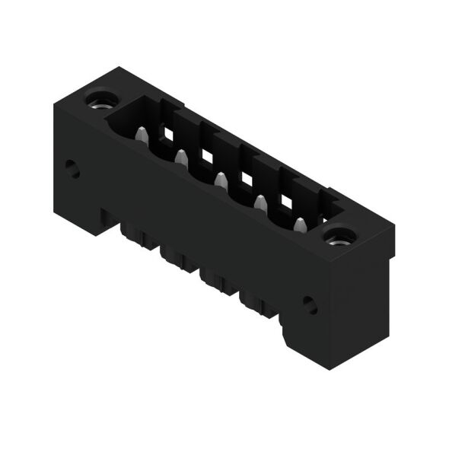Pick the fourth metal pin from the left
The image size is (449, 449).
pyautogui.click(x=260, y=203)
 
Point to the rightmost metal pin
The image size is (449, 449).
pyautogui.click(x=300, y=225)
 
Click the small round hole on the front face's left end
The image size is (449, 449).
pyautogui.click(x=72, y=168)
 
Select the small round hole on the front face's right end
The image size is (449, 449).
pyautogui.click(x=310, y=305)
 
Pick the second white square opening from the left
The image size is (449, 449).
pyautogui.click(x=206, y=156)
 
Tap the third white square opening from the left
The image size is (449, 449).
pyautogui.click(x=246, y=179)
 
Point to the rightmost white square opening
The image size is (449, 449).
pyautogui.click(x=286, y=202)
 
